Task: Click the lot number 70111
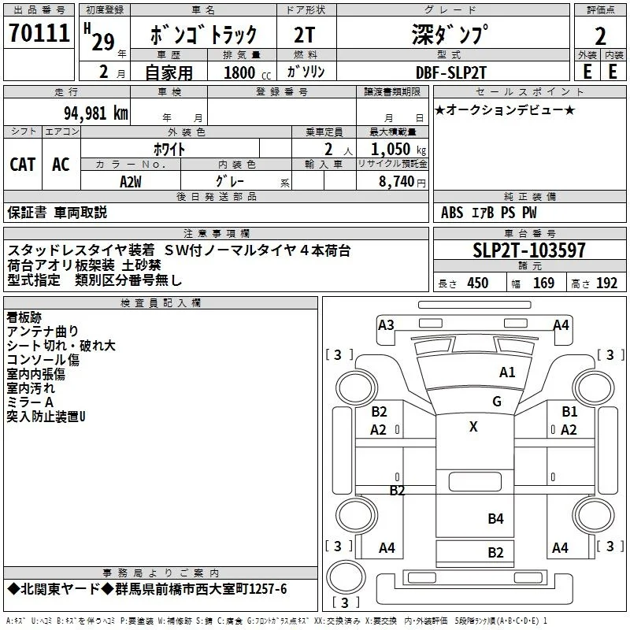coord(39,33)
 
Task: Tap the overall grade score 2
coord(600,36)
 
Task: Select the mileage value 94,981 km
coord(96,113)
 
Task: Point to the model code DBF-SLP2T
coord(450,72)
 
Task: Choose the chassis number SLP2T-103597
coord(528,250)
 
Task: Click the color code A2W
coord(131,182)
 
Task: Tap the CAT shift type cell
coord(23,165)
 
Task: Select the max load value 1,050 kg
coord(398,149)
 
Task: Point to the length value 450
coord(478,283)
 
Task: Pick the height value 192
coord(606,283)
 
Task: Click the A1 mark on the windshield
coord(507,372)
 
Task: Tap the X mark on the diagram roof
coord(473,426)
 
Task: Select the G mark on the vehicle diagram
coord(497,402)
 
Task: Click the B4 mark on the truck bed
coord(495,519)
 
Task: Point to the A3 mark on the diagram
coord(386,324)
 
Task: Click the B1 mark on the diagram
coord(569,411)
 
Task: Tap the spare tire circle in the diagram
coord(346,576)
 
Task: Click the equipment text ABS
coord(452,213)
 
